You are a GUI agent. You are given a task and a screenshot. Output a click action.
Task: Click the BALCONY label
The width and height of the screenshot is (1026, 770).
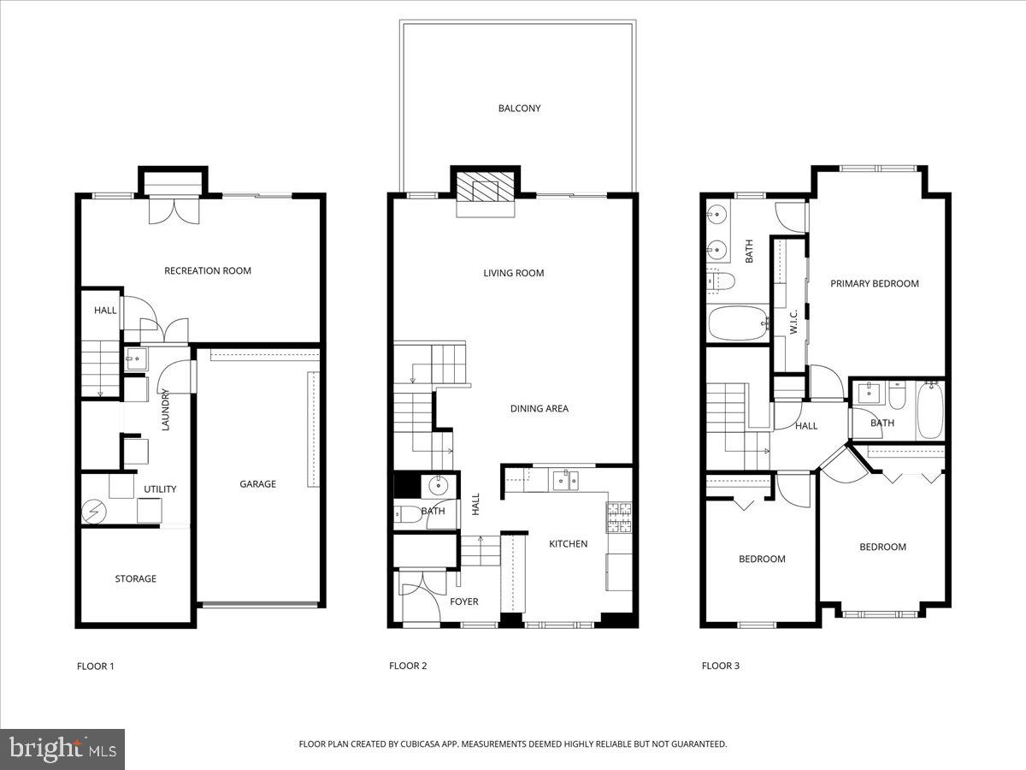[519, 109]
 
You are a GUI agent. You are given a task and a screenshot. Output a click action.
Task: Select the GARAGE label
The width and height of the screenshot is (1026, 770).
[257, 484]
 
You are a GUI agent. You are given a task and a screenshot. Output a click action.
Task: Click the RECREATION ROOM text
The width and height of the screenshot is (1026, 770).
[208, 271]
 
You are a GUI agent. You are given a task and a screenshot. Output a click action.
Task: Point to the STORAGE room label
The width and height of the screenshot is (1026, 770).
[136, 579]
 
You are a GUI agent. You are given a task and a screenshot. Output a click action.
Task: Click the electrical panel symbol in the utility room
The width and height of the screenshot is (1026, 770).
[92, 512]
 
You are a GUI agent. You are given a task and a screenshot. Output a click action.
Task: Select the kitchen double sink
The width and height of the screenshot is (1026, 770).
[564, 480]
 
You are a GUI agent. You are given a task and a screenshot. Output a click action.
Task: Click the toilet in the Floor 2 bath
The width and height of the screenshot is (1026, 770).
[409, 513]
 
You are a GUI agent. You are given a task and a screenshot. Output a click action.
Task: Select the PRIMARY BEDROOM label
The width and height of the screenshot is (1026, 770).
[875, 284]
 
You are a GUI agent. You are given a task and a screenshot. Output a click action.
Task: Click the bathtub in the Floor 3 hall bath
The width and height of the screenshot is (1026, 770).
[929, 411]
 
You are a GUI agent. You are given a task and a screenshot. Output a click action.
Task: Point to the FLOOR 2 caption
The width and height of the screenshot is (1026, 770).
[408, 666]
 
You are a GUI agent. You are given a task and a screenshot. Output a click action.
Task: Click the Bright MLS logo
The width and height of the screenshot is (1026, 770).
[62, 749]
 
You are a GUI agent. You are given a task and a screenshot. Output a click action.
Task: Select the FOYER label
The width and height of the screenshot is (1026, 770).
[464, 601]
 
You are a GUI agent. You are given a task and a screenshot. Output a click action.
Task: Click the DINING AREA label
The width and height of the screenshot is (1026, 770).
[540, 409]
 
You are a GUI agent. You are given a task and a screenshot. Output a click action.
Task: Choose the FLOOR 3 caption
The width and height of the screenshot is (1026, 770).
[721, 666]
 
